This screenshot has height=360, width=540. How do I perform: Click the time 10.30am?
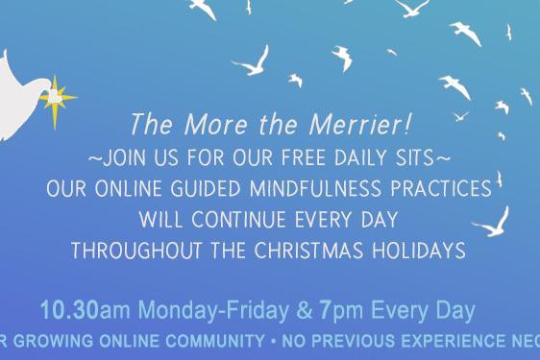coord(78,311)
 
